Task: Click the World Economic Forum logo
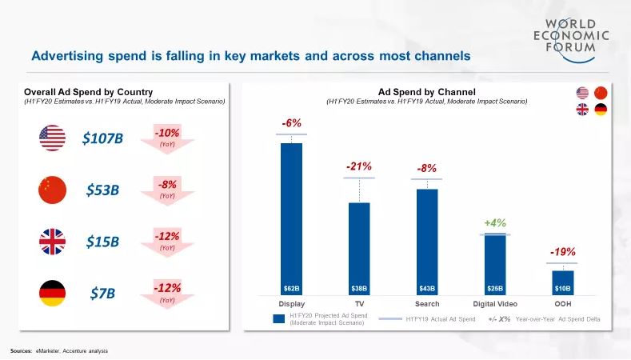point(572,35)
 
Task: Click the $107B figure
point(103,138)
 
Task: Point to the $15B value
point(102,241)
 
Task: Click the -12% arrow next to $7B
point(168,293)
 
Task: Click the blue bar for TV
point(359,248)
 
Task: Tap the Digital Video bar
point(496,264)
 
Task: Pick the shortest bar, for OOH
point(563,282)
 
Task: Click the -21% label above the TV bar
point(359,166)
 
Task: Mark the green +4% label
point(495,222)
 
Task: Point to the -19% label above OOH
point(563,252)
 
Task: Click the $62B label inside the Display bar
point(291,287)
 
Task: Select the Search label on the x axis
point(427,304)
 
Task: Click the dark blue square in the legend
point(279,319)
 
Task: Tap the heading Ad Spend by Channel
point(427,92)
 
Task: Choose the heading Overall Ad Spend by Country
point(88,92)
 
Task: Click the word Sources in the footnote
point(21,351)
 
